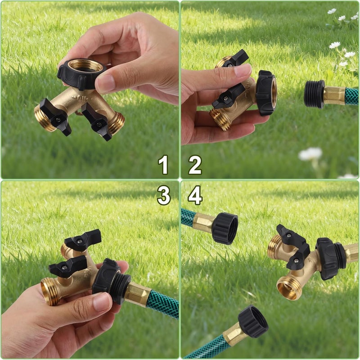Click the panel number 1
pyautogui.click(x=163, y=164)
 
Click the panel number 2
pyautogui.click(x=195, y=164)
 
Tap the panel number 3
pyautogui.click(x=164, y=196)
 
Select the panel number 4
pyautogui.click(x=195, y=196)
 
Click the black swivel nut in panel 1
pyautogui.click(x=81, y=73)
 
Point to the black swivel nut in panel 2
pyautogui.click(x=266, y=92)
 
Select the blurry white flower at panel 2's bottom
pyautogui.click(x=310, y=154)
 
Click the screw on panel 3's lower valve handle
pyautogui.click(x=65, y=267)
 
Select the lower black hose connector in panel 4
pyautogui.click(x=253, y=321)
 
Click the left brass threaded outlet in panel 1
pyautogui.click(x=44, y=118)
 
